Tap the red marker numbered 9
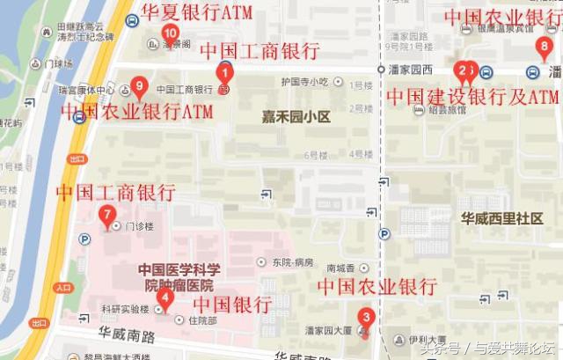point(137,87)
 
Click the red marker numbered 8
point(545,47)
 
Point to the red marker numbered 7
point(107,214)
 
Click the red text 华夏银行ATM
point(196,12)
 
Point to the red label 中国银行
point(231,305)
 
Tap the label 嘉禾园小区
point(296,115)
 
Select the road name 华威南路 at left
point(127,335)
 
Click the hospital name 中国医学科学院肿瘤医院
point(179,277)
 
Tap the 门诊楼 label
point(140,226)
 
